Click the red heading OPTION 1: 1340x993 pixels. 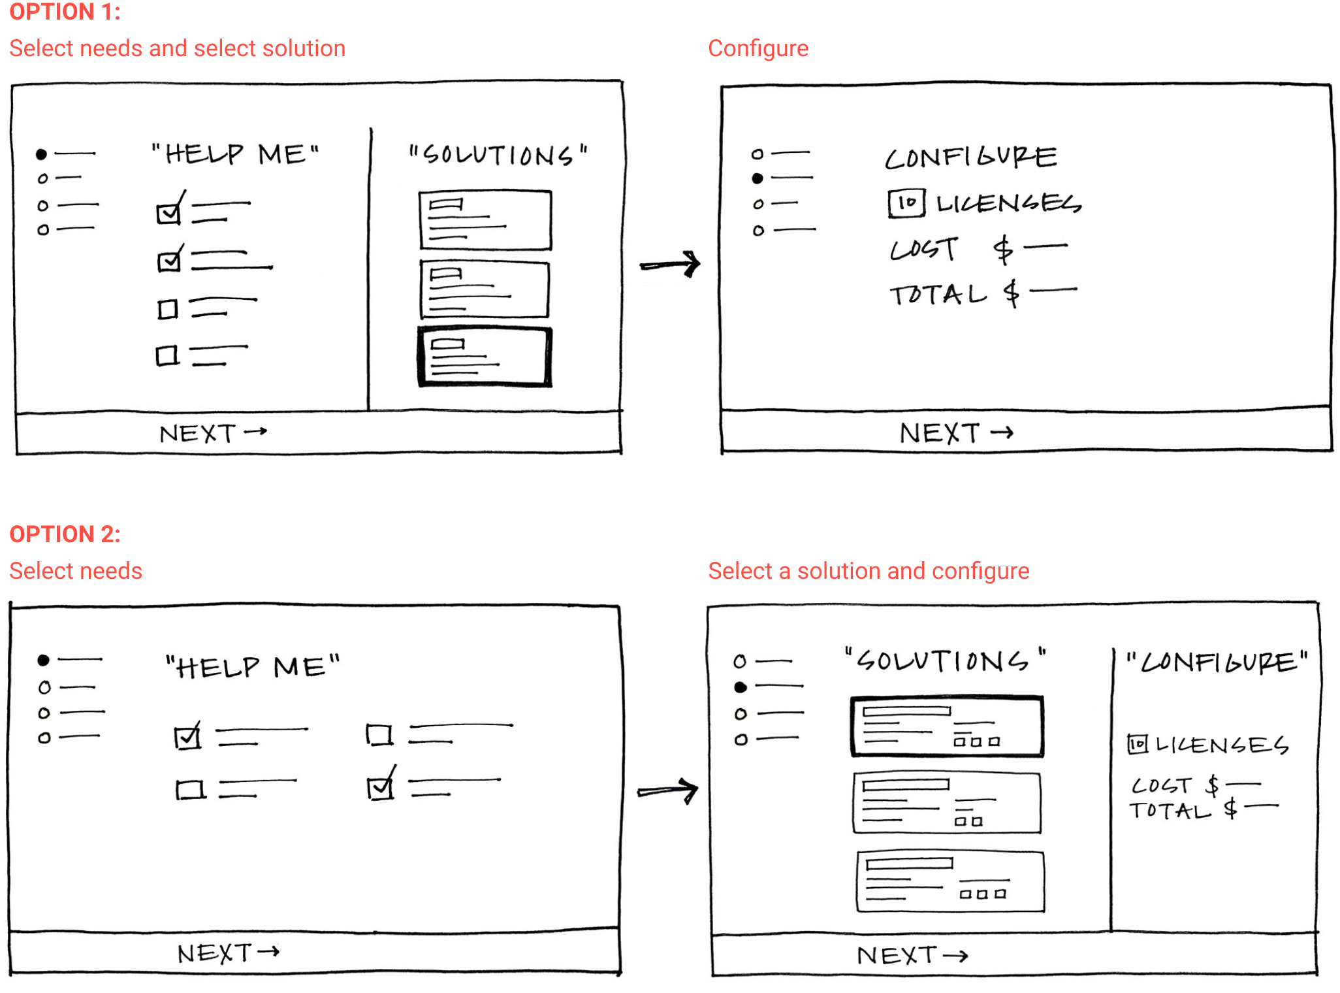65,12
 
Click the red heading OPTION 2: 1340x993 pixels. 65,534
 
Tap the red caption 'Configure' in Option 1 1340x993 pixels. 758,48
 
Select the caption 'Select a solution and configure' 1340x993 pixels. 868,571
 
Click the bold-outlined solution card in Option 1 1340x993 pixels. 485,357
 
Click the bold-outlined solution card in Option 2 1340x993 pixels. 946,726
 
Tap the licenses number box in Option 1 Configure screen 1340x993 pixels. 906,203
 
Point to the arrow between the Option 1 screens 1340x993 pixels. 670,265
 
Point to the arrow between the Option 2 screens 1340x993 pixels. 667,790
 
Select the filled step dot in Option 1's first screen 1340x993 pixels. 41,154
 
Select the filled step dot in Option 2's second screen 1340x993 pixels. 740,687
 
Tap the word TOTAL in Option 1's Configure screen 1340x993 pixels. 938,295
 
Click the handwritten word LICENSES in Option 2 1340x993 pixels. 1221,745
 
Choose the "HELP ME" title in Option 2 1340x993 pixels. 253,667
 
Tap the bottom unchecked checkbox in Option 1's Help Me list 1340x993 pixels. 167,356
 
